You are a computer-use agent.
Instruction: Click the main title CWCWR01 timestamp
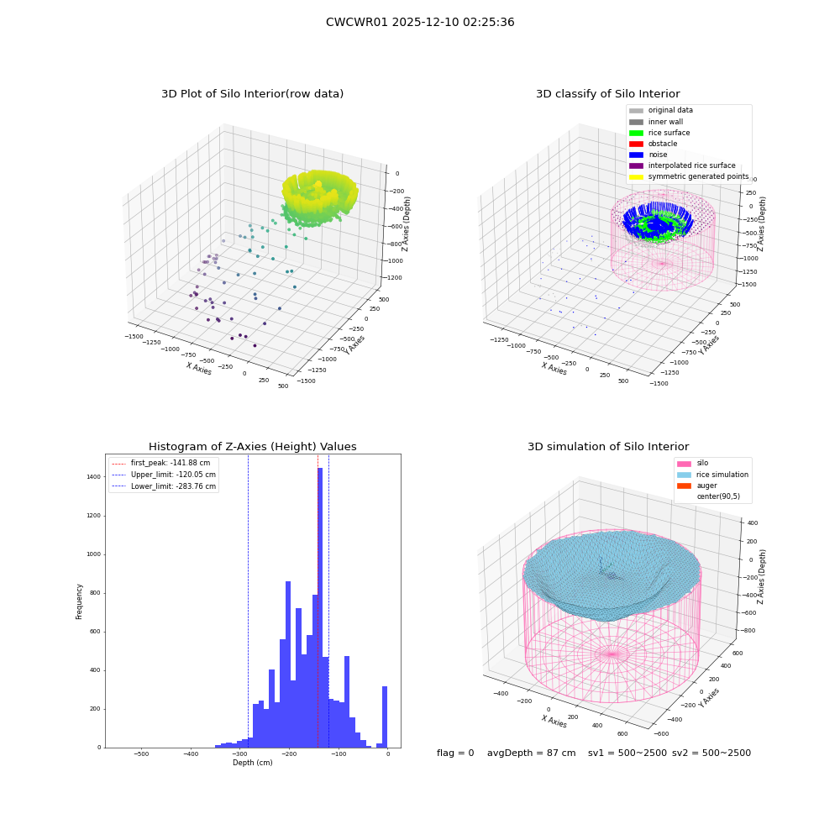[420, 22]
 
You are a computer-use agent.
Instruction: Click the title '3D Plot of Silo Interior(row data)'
[252, 94]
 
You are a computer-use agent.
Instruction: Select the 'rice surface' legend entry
[659, 133]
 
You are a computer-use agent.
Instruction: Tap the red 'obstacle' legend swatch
[636, 144]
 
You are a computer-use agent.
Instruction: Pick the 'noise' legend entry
[648, 155]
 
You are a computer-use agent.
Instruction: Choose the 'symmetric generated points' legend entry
[689, 176]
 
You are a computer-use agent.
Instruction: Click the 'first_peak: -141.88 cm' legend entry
[161, 463]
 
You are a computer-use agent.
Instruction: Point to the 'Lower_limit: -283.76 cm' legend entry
[164, 486]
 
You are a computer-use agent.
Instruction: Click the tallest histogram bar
[320, 607]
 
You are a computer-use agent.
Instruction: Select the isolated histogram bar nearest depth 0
[384, 717]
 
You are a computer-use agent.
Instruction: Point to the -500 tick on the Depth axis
[141, 753]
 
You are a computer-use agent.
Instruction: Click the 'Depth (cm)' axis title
[252, 763]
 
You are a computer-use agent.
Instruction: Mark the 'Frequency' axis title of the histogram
[79, 601]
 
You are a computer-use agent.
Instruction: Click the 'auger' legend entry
[697, 486]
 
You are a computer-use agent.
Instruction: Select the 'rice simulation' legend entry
[712, 475]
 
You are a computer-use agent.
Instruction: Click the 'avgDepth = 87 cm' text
[531, 753]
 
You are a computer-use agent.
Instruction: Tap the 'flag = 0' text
[455, 753]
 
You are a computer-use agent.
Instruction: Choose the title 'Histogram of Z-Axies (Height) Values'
[252, 447]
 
